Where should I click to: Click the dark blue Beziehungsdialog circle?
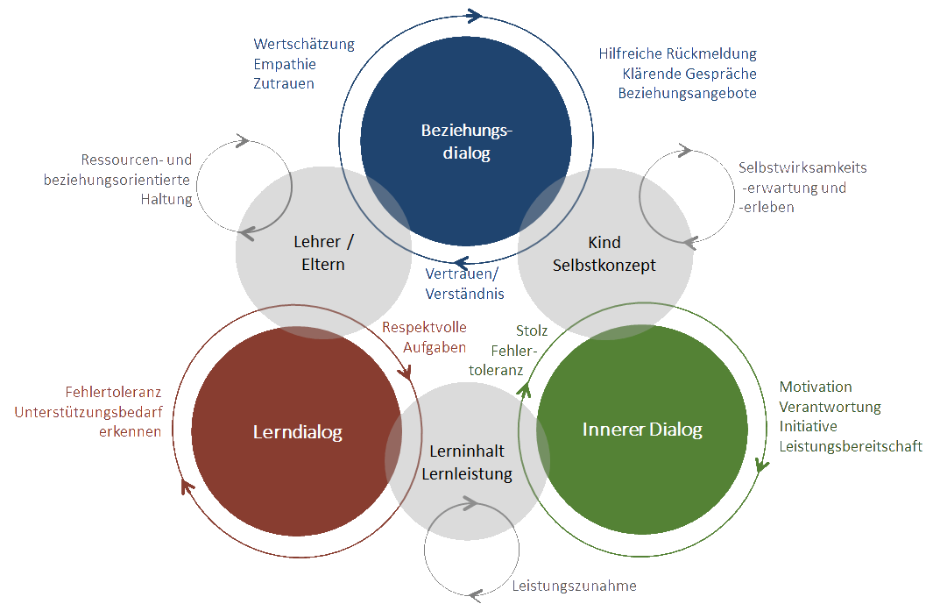tap(466, 140)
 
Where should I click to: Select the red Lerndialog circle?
tap(297, 431)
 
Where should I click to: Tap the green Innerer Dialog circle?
tap(642, 430)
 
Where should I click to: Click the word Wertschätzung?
tap(304, 44)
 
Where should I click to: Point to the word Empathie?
tap(285, 64)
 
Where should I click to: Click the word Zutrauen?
tap(284, 84)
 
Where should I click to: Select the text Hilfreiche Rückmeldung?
tap(677, 53)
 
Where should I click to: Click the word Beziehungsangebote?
tap(687, 93)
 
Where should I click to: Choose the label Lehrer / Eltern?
tap(322, 252)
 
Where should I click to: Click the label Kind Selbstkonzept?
tap(604, 253)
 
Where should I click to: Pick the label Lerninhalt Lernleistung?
tap(467, 463)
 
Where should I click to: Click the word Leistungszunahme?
tap(574, 586)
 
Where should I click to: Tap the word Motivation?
tap(816, 387)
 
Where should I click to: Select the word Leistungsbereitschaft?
tap(851, 446)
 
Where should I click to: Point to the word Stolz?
tap(532, 331)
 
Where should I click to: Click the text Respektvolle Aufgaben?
tap(425, 337)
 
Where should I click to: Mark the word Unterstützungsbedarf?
tap(88, 412)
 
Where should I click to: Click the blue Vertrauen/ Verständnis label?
tap(464, 283)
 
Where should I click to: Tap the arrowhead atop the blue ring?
tap(474, 15)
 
